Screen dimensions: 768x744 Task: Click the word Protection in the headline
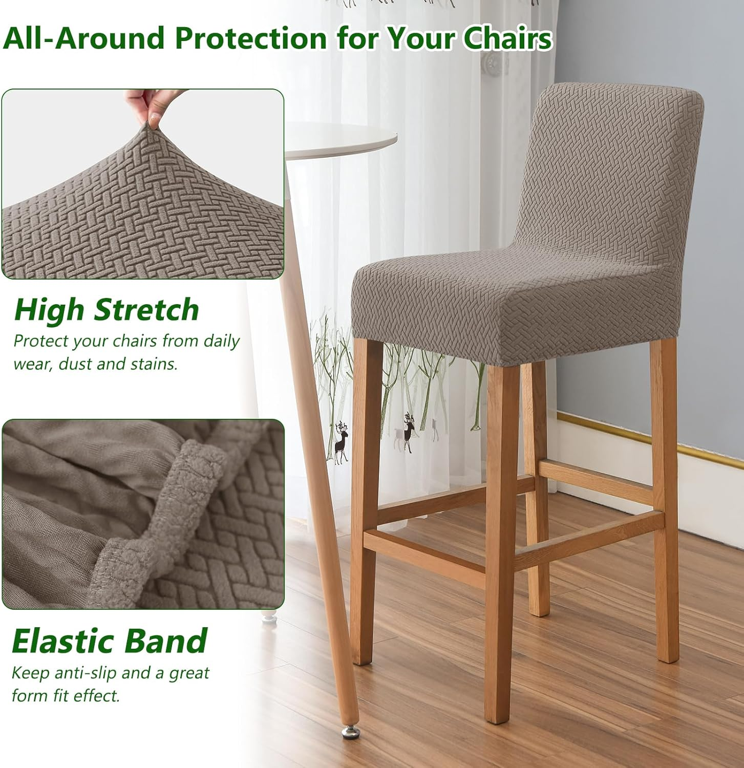[x=250, y=38]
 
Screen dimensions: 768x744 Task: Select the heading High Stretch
[x=107, y=310]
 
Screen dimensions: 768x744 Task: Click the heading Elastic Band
[x=109, y=641]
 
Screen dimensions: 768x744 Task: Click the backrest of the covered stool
[x=609, y=169]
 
